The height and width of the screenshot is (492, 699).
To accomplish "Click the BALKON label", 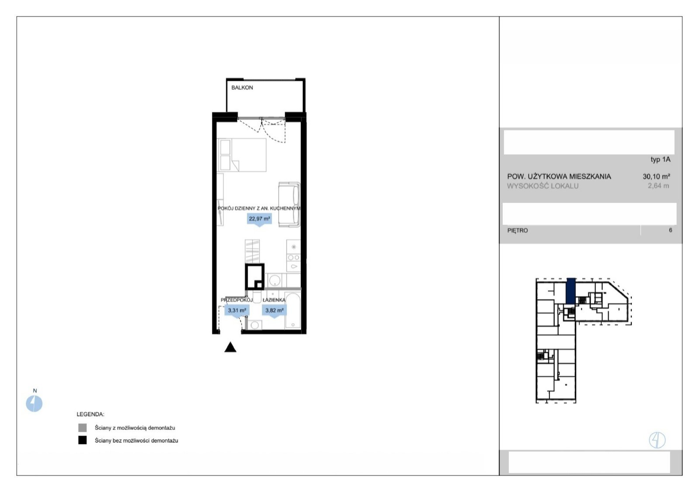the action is [242, 88].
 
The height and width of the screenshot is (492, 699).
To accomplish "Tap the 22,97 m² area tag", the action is [260, 219].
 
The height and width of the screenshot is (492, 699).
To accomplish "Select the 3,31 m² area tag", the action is [237, 311].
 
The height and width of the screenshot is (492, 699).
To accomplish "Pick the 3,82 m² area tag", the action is [274, 311].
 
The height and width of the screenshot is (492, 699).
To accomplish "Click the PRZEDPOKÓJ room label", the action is [236, 300].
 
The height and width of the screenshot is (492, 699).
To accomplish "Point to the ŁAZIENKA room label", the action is [274, 300].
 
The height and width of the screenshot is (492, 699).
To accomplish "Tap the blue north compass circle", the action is [34, 403].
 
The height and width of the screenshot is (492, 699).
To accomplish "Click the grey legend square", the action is [83, 427].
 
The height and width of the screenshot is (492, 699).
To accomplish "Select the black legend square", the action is [83, 440].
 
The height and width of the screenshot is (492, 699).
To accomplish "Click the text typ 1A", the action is [660, 160].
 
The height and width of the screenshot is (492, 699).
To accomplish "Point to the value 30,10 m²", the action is [656, 176].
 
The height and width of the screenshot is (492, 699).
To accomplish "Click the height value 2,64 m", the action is [658, 186].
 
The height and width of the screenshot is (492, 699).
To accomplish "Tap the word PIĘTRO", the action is [517, 231].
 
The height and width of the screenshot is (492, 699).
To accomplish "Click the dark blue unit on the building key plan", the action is [571, 291].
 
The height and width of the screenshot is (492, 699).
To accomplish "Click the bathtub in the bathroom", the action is [293, 310].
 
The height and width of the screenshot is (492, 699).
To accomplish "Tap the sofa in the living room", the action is [289, 205].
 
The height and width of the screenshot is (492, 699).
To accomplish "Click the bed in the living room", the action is [242, 155].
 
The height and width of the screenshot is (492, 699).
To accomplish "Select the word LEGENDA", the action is [90, 414].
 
